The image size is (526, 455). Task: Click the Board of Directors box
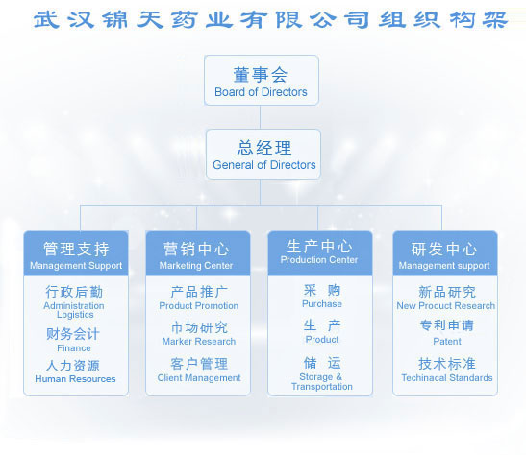[262, 80]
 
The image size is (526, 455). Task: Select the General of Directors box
[263, 154]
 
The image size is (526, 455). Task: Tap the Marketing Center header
[198, 253]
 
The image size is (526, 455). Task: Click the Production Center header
[320, 253]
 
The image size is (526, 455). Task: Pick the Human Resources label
[75, 378]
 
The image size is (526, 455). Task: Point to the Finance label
[74, 348]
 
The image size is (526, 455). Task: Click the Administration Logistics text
[74, 310]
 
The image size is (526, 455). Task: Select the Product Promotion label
[199, 305]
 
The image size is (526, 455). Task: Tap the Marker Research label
[199, 341]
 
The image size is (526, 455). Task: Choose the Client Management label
[199, 377]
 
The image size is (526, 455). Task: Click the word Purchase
[322, 303]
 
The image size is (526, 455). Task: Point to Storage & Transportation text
[322, 382]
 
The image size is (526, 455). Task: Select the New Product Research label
[446, 305]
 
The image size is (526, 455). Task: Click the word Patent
[447, 341]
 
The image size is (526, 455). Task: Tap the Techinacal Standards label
[447, 377]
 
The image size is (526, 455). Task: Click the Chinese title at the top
[270, 20]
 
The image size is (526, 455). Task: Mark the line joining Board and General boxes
[260, 117]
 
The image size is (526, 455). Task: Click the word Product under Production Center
[322, 340]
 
